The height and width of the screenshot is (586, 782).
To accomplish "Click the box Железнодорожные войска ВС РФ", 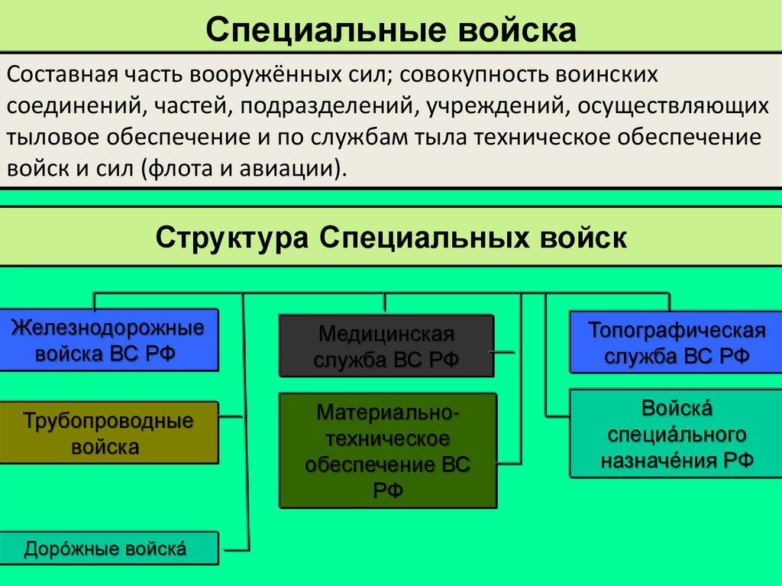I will pyautogui.click(x=108, y=340).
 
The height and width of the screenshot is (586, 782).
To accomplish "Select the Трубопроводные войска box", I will pyautogui.click(x=108, y=433).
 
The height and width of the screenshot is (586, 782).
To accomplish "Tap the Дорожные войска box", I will pyautogui.click(x=108, y=549).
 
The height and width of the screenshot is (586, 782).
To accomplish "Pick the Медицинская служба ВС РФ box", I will pyautogui.click(x=386, y=346).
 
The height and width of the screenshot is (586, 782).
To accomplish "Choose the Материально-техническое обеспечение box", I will pyautogui.click(x=387, y=451).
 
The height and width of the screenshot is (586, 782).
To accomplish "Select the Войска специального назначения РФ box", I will pyautogui.click(x=675, y=433).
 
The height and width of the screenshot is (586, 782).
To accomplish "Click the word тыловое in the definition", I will pyautogui.click(x=53, y=138).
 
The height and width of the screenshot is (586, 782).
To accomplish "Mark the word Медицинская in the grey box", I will pyautogui.click(x=386, y=334).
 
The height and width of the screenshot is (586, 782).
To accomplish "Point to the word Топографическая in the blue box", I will pyautogui.click(x=676, y=331).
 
